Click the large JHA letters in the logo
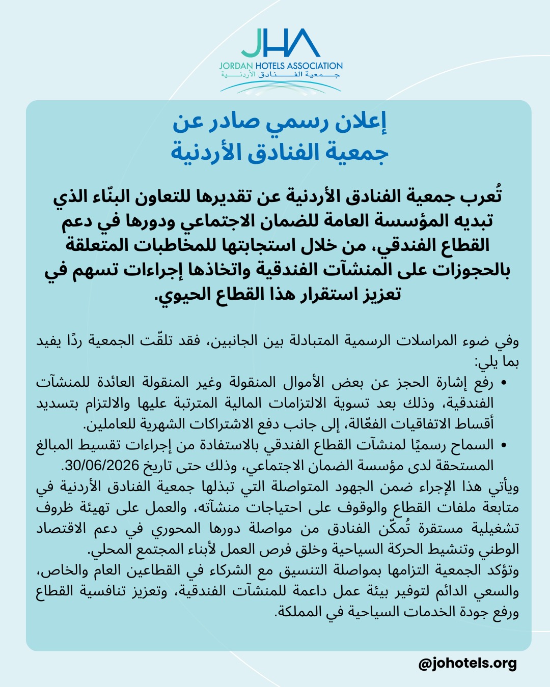pyautogui.click(x=281, y=43)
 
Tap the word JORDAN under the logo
pyautogui.click(x=236, y=66)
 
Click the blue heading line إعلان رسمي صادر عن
pyautogui.click(x=279, y=123)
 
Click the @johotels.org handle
pyautogui.click(x=468, y=664)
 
